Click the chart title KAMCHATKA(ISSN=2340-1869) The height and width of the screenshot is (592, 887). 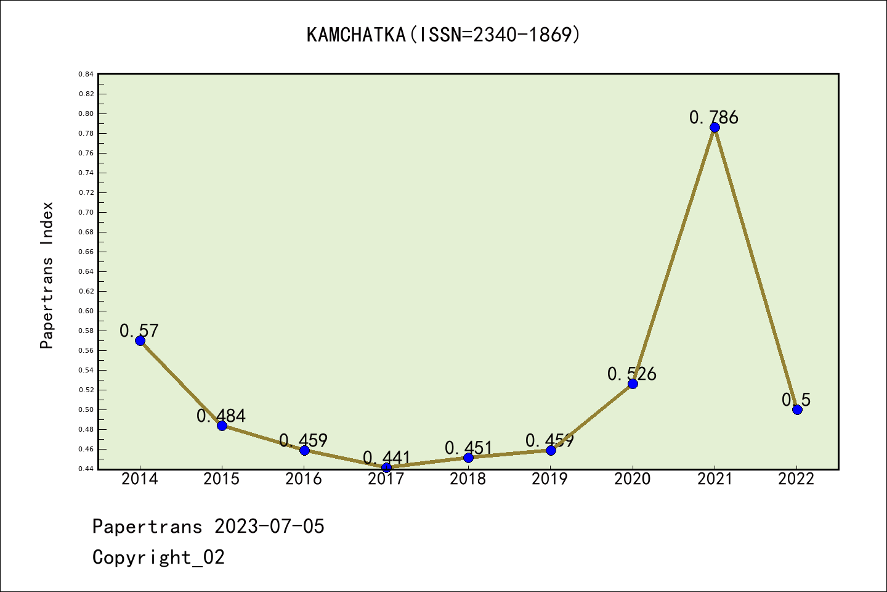click(443, 35)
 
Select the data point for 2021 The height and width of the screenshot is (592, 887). click(715, 128)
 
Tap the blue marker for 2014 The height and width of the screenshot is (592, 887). click(140, 340)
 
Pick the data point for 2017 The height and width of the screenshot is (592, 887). click(386, 467)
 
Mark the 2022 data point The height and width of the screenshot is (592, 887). click(797, 409)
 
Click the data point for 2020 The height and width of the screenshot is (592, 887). click(633, 384)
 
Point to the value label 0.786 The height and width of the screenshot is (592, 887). click(714, 117)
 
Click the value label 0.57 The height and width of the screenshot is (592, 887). click(139, 331)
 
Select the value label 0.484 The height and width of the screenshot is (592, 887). click(221, 416)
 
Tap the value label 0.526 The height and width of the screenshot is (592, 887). click(632, 374)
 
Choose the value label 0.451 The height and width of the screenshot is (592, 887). click(468, 448)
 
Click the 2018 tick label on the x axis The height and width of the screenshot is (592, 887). click(468, 479)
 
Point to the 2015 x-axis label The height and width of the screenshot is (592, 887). click(222, 479)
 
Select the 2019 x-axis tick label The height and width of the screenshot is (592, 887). click(550, 479)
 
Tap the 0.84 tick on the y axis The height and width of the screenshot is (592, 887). click(86, 74)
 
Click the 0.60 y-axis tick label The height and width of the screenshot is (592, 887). click(86, 311)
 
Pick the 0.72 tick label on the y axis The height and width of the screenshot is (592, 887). click(86, 192)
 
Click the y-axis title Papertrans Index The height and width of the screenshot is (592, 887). click(47, 275)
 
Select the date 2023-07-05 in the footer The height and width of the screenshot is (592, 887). click(269, 526)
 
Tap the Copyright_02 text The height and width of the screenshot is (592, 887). click(159, 557)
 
